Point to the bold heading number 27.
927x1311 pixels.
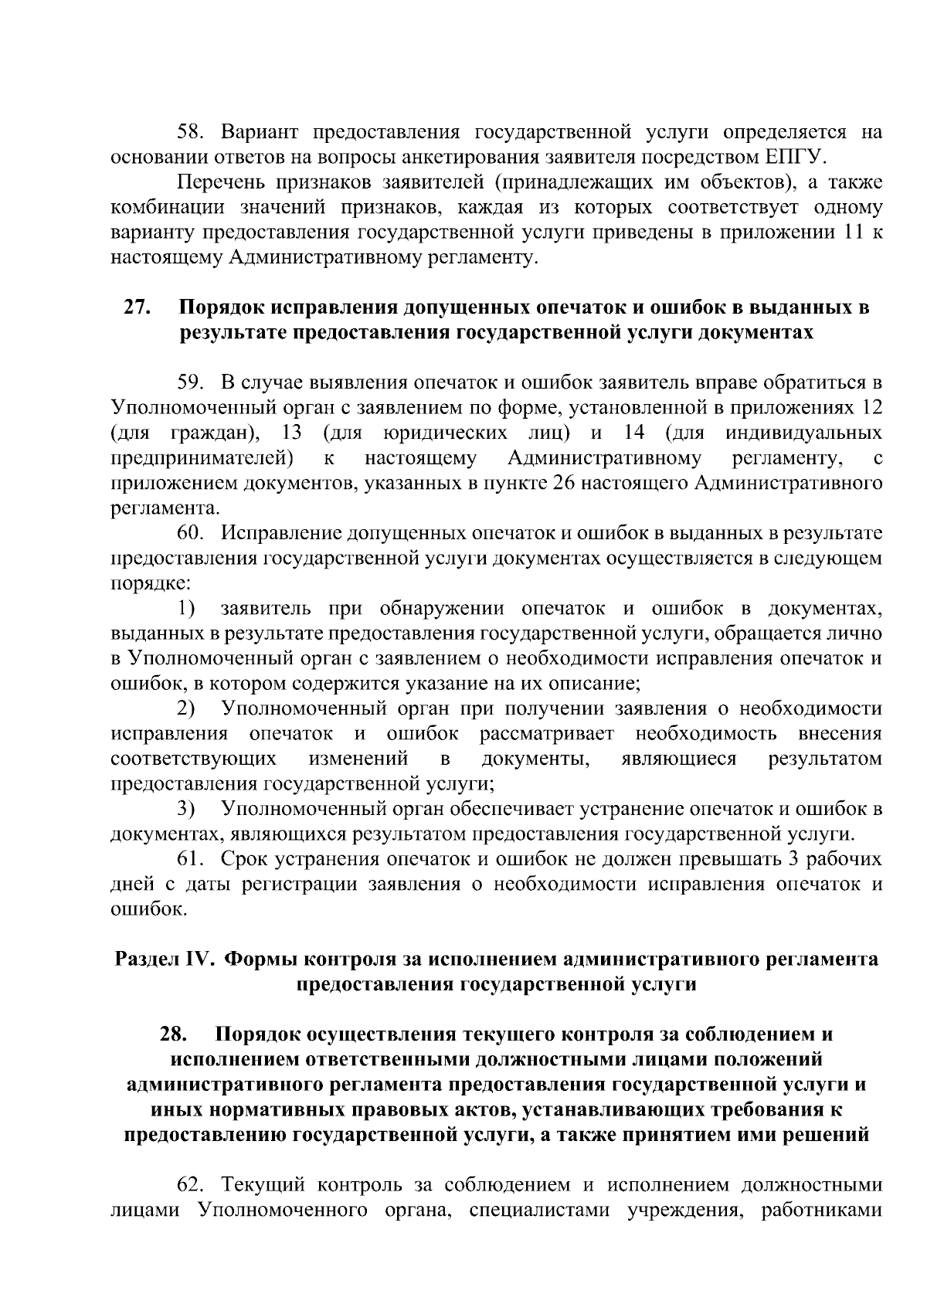[137, 307]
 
